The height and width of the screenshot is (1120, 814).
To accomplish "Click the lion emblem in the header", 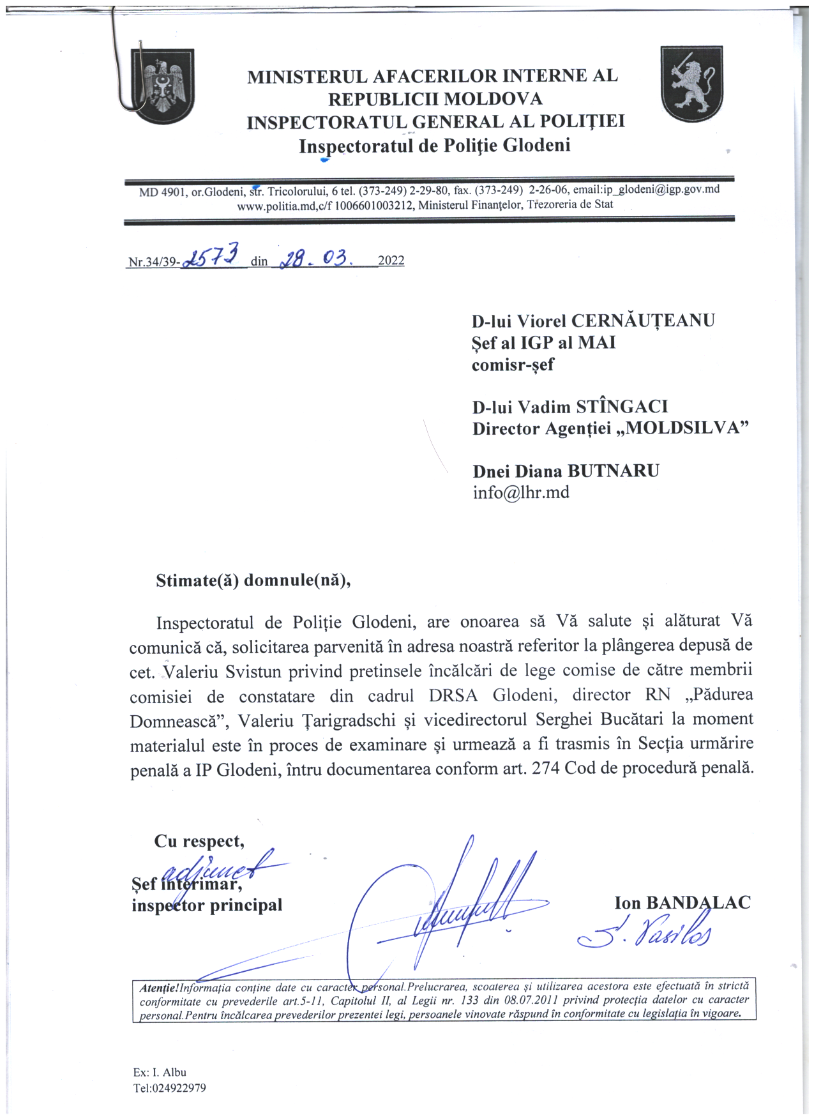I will pyautogui.click(x=691, y=84).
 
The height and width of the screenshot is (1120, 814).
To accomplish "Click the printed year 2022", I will pyautogui.click(x=391, y=261).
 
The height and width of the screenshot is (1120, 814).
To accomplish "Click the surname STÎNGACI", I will pyautogui.click(x=622, y=407).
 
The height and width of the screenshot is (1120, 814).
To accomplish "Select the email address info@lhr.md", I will pyautogui.click(x=521, y=493).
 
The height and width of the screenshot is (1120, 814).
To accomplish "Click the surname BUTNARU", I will pyautogui.click(x=614, y=471).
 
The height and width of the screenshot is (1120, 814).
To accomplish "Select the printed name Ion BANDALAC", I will pyautogui.click(x=682, y=903).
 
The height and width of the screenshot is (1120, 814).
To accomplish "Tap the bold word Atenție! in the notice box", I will pyautogui.click(x=159, y=988).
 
